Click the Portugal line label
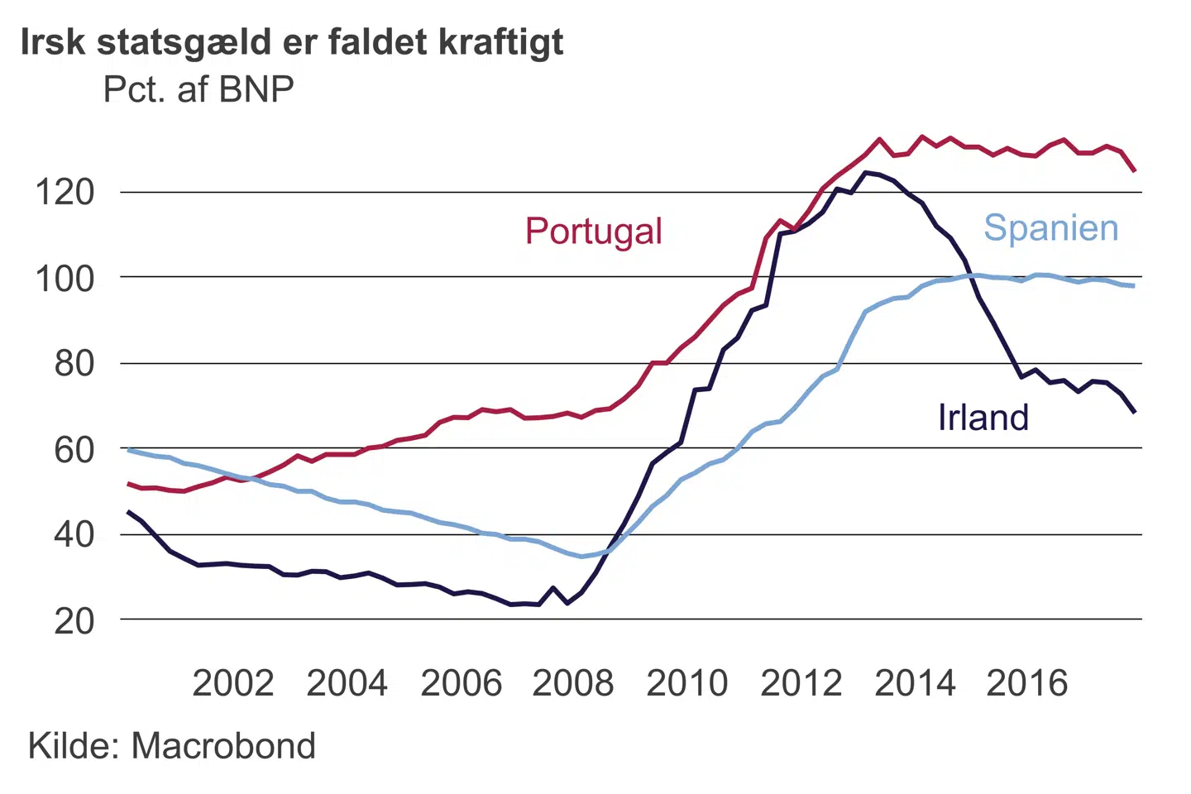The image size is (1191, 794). click(x=593, y=232)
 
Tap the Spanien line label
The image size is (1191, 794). click(x=1050, y=227)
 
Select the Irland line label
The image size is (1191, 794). click(x=983, y=418)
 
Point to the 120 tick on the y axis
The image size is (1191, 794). click(x=65, y=193)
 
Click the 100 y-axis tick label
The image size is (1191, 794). click(x=65, y=279)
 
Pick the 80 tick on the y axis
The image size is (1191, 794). click(x=74, y=364)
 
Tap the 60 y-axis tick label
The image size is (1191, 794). click(x=74, y=449)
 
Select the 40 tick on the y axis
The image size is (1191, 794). click(x=74, y=534)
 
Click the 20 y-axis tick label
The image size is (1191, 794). click(x=74, y=620)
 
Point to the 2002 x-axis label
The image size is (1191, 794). click(x=232, y=684)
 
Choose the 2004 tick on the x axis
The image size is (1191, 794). click(x=347, y=684)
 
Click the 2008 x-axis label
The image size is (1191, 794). click(x=573, y=684)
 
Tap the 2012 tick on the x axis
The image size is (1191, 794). click(x=801, y=684)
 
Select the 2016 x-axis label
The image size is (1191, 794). click(x=1027, y=684)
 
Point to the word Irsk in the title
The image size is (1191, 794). click(x=53, y=41)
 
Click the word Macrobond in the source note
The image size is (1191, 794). click(x=223, y=746)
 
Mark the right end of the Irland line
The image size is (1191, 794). click(x=1134, y=411)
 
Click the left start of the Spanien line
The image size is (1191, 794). click(x=128, y=449)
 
